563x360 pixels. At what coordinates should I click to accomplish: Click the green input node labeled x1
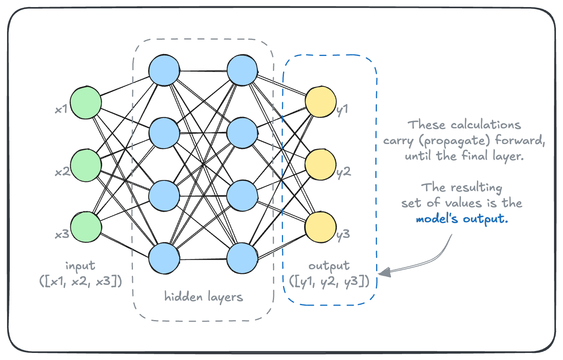click(x=86, y=103)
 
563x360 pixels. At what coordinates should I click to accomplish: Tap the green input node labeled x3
click(x=86, y=227)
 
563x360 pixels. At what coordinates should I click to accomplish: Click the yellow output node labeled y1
click(x=321, y=103)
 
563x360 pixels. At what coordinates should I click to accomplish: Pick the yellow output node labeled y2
click(x=321, y=165)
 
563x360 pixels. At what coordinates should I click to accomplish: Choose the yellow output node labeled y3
click(x=321, y=227)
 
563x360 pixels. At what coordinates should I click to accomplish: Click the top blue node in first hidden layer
click(x=164, y=70)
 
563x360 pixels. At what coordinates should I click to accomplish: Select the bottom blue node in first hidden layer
click(x=164, y=258)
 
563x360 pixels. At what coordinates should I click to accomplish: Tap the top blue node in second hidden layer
click(x=242, y=70)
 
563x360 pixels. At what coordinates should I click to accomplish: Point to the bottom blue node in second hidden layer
click(x=242, y=258)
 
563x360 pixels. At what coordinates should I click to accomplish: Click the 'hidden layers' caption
click(x=203, y=297)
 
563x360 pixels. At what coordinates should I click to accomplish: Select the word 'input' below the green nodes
click(x=80, y=266)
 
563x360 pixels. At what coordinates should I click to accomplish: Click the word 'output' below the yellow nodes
click(x=329, y=266)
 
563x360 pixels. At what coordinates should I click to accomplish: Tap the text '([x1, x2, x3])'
click(x=81, y=281)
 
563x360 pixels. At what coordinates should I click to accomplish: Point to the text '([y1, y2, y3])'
click(x=329, y=281)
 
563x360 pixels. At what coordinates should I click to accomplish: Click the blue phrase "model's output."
click(x=462, y=219)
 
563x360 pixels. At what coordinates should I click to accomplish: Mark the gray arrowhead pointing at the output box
click(x=385, y=272)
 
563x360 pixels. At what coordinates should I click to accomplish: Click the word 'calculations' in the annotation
click(x=486, y=125)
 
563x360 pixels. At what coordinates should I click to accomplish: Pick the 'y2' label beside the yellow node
click(x=344, y=172)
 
